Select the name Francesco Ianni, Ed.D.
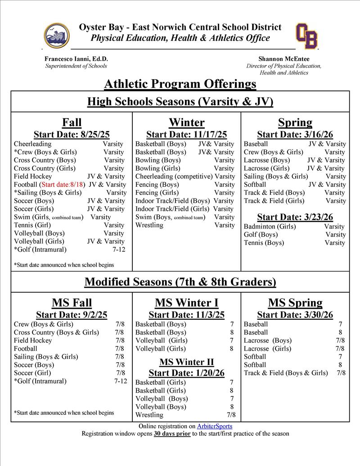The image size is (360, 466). [76, 59]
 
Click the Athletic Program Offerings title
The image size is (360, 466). [180, 84]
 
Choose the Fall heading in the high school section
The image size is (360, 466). [72, 122]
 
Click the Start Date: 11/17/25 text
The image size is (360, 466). [186, 135]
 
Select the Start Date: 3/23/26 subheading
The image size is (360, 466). [295, 217]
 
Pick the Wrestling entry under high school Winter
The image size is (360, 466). [149, 225]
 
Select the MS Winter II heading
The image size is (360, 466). [186, 362]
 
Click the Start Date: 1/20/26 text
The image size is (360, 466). [186, 373]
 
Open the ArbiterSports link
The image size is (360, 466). [215, 426]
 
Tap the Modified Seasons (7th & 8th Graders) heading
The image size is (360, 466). [180, 282]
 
